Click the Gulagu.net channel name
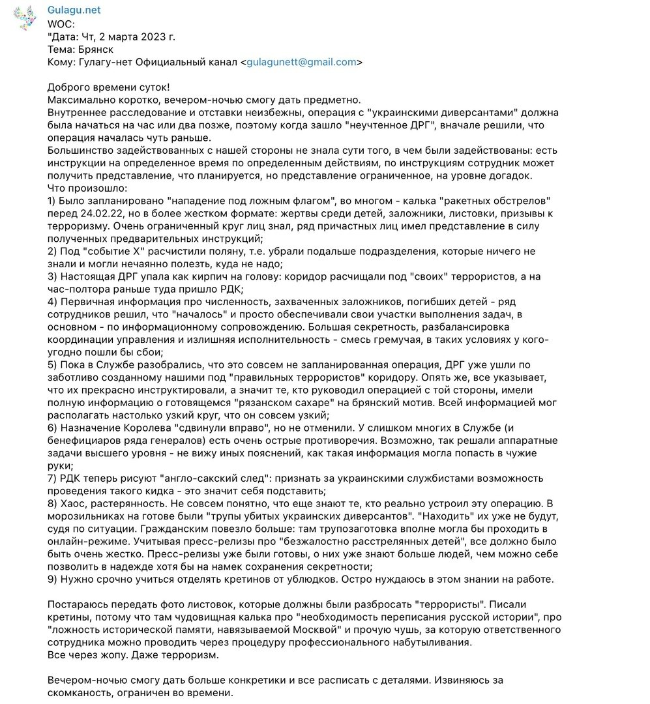coord(74,10)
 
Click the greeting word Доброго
coord(70,87)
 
